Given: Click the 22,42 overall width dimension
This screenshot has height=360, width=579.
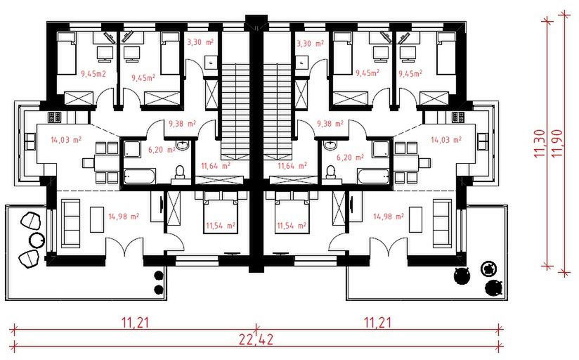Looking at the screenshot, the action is pyautogui.click(x=256, y=339).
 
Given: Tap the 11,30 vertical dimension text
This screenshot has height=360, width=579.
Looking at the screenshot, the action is pyautogui.click(x=540, y=143).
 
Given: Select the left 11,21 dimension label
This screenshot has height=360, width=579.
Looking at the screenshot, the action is pyautogui.click(x=136, y=323).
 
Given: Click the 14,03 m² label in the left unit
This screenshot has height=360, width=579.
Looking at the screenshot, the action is pyautogui.click(x=66, y=140).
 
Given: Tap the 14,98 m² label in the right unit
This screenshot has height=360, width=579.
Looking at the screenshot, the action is pyautogui.click(x=388, y=217).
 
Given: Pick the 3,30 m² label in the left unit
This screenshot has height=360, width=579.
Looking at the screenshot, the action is pyautogui.click(x=200, y=42).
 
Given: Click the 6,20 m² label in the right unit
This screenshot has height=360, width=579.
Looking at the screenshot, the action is pyautogui.click(x=350, y=157).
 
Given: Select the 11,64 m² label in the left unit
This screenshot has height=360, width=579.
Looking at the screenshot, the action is pyautogui.click(x=216, y=165).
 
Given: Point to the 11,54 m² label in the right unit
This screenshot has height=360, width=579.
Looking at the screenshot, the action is pyautogui.click(x=292, y=225).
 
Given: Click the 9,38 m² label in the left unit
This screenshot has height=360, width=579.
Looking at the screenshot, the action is pyautogui.click(x=182, y=124).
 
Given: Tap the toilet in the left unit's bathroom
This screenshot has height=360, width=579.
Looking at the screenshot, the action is pyautogui.click(x=180, y=172).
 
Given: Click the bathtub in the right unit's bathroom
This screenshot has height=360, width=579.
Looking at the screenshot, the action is pyautogui.click(x=373, y=176).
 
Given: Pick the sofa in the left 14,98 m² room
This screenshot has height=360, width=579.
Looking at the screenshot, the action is pyautogui.click(x=70, y=224).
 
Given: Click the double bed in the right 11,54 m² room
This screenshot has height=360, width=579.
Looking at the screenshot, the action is pyautogui.click(x=292, y=212).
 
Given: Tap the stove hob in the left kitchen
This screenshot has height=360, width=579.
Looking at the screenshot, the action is pyautogui.click(x=54, y=117).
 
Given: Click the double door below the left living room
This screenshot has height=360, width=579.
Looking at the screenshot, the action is pyautogui.click(x=126, y=246).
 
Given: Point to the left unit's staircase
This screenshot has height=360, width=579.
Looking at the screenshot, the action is pyautogui.click(x=235, y=111).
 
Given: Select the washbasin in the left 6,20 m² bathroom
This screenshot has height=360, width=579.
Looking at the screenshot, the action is pyautogui.click(x=183, y=145).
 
